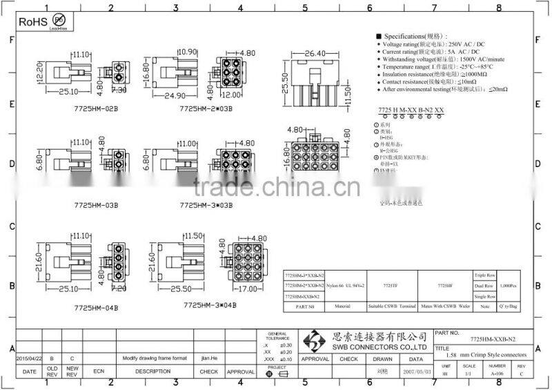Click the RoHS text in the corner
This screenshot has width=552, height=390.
point(32,22)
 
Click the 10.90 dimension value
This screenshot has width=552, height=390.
point(188,52)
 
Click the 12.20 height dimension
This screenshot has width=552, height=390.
point(39,69)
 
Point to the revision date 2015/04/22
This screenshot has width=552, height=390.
point(29,359)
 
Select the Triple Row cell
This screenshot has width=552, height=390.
point(484,274)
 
